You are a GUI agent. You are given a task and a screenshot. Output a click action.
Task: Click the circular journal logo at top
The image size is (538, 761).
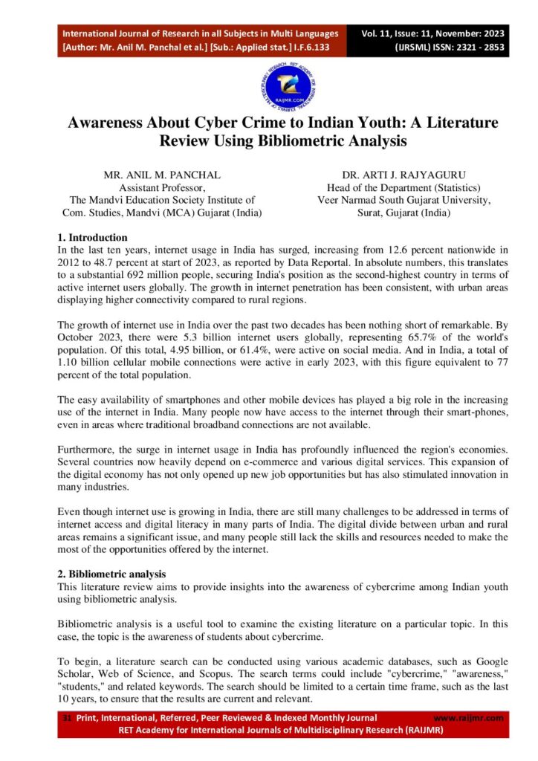coord(288,84)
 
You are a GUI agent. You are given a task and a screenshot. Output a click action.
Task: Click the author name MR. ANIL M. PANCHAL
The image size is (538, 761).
coord(162,175)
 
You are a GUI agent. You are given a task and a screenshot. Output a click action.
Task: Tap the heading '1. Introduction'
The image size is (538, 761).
coord(91,238)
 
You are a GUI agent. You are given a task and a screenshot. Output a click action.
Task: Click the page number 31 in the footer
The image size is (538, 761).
coord(66,718)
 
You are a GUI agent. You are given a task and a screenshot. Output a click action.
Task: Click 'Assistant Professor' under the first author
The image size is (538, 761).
coord(162,188)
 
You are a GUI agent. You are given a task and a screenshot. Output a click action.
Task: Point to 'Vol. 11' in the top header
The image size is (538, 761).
coord(383,34)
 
